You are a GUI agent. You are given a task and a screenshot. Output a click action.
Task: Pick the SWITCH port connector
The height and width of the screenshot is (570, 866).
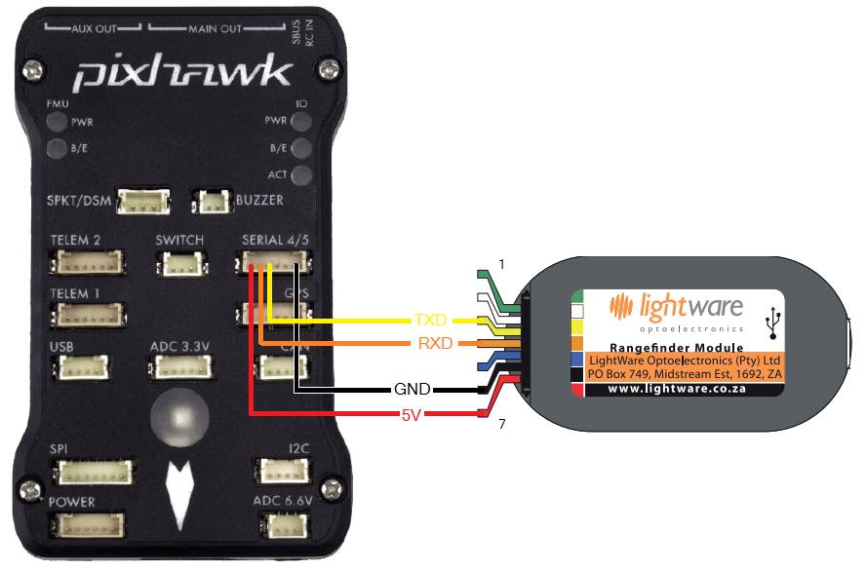point(179,263)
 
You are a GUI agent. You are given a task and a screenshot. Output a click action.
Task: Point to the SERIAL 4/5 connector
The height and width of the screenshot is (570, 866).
point(274,262)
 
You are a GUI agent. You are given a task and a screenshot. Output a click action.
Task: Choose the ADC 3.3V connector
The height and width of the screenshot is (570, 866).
point(179,367)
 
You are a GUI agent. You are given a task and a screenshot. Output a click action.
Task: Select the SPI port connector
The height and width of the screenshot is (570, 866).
point(94,473)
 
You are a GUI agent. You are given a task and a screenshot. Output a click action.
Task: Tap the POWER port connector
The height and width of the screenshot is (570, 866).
point(94,525)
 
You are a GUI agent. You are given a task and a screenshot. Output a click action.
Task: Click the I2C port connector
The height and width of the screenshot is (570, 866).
point(284,472)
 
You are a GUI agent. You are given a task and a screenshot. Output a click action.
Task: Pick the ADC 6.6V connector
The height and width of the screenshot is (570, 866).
point(286,525)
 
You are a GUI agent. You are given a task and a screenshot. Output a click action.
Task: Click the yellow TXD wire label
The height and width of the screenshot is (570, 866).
point(431,320)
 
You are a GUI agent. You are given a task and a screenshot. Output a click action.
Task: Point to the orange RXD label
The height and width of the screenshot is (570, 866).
point(435,343)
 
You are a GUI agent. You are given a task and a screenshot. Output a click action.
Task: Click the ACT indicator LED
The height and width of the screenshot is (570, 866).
point(302,175)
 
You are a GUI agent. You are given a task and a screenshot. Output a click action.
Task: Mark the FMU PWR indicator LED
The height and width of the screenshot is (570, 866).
point(56,124)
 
